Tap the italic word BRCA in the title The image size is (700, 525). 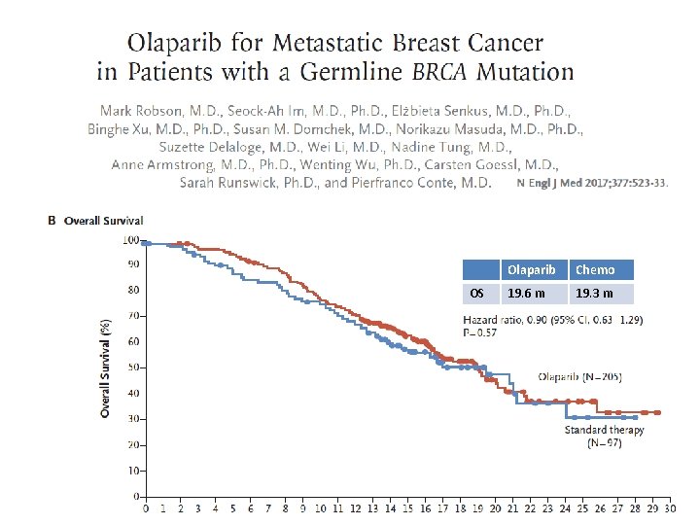click(453, 72)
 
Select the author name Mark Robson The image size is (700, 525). click(145, 111)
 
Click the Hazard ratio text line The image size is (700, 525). click(552, 319)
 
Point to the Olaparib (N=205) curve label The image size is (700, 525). click(579, 376)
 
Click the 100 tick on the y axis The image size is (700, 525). click(128, 239)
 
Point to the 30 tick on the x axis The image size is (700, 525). click(670, 507)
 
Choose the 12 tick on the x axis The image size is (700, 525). click(355, 507)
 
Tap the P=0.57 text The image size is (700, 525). click(480, 332)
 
